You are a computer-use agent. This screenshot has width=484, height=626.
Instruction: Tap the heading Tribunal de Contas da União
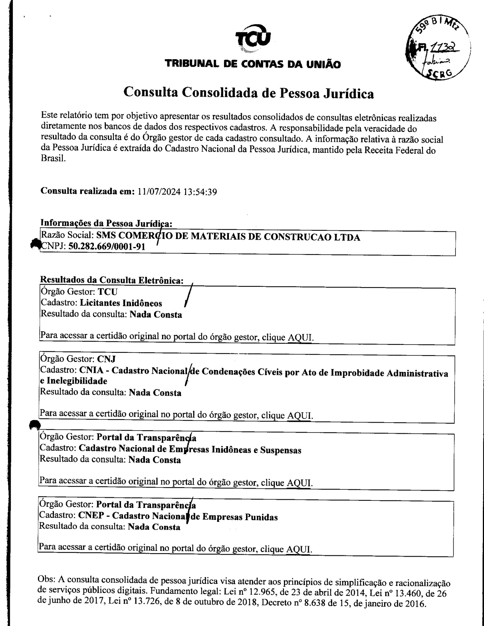pyautogui.click(x=252, y=64)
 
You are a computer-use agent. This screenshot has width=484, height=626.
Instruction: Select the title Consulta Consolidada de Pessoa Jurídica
pyautogui.click(x=249, y=93)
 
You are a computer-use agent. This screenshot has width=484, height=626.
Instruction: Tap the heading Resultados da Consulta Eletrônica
pyautogui.click(x=112, y=280)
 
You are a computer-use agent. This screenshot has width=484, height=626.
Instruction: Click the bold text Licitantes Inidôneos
pyautogui.click(x=121, y=303)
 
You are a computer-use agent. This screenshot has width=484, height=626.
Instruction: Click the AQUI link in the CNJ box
pyautogui.click(x=300, y=415)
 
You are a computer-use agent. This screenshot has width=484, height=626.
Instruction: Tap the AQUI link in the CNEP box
pyautogui.click(x=299, y=549)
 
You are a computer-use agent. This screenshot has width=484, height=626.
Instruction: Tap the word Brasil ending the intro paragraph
pyautogui.click(x=53, y=159)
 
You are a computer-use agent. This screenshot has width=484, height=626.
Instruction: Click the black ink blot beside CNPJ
pyautogui.click(x=35, y=245)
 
